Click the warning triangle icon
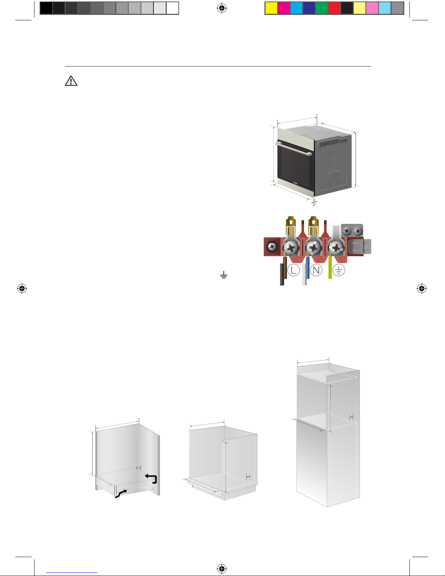(x=71, y=81)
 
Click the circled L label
(x=293, y=270)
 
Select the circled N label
(x=316, y=270)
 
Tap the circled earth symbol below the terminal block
(x=339, y=270)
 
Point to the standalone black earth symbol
(x=224, y=275)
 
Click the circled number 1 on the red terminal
(x=297, y=259)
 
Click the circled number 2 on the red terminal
(x=319, y=259)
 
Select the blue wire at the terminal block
(x=308, y=268)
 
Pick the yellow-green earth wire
(x=330, y=268)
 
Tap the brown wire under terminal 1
(x=285, y=268)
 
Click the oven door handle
(x=294, y=149)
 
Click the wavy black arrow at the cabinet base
(x=121, y=494)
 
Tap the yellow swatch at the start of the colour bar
(x=271, y=8)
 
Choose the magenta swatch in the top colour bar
(x=284, y=8)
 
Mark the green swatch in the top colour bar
(x=321, y=8)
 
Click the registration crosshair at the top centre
(x=222, y=8)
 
